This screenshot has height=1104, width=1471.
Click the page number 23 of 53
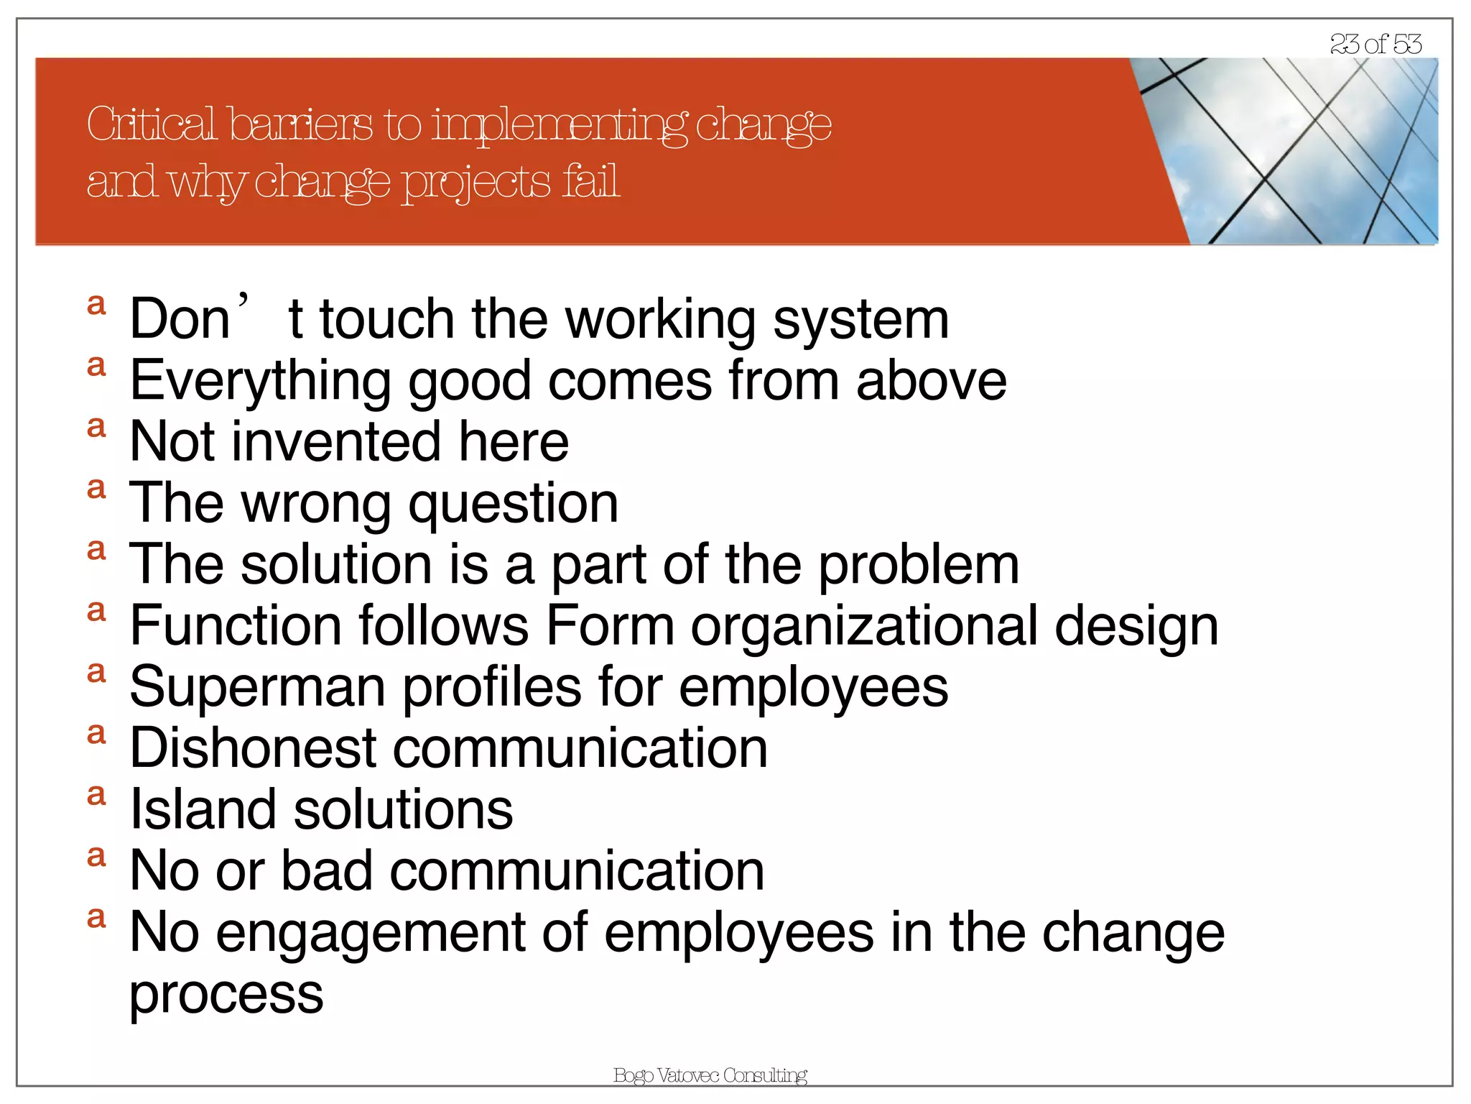[1375, 44]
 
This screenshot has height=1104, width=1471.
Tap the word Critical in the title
[151, 124]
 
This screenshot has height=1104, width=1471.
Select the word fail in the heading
[590, 181]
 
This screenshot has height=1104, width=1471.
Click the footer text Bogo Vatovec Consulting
[710, 1075]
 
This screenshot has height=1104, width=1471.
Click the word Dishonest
[253, 748]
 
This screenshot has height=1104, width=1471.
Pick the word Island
[203, 809]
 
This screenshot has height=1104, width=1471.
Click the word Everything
[260, 381]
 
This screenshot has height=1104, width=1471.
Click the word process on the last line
[226, 995]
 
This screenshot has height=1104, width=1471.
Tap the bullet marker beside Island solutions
[96, 796]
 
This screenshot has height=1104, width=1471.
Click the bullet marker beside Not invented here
[96, 428]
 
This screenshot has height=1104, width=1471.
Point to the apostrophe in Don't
[244, 300]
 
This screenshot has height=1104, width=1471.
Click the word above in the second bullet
[931, 381]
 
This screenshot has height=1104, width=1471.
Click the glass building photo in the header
[1307, 151]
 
